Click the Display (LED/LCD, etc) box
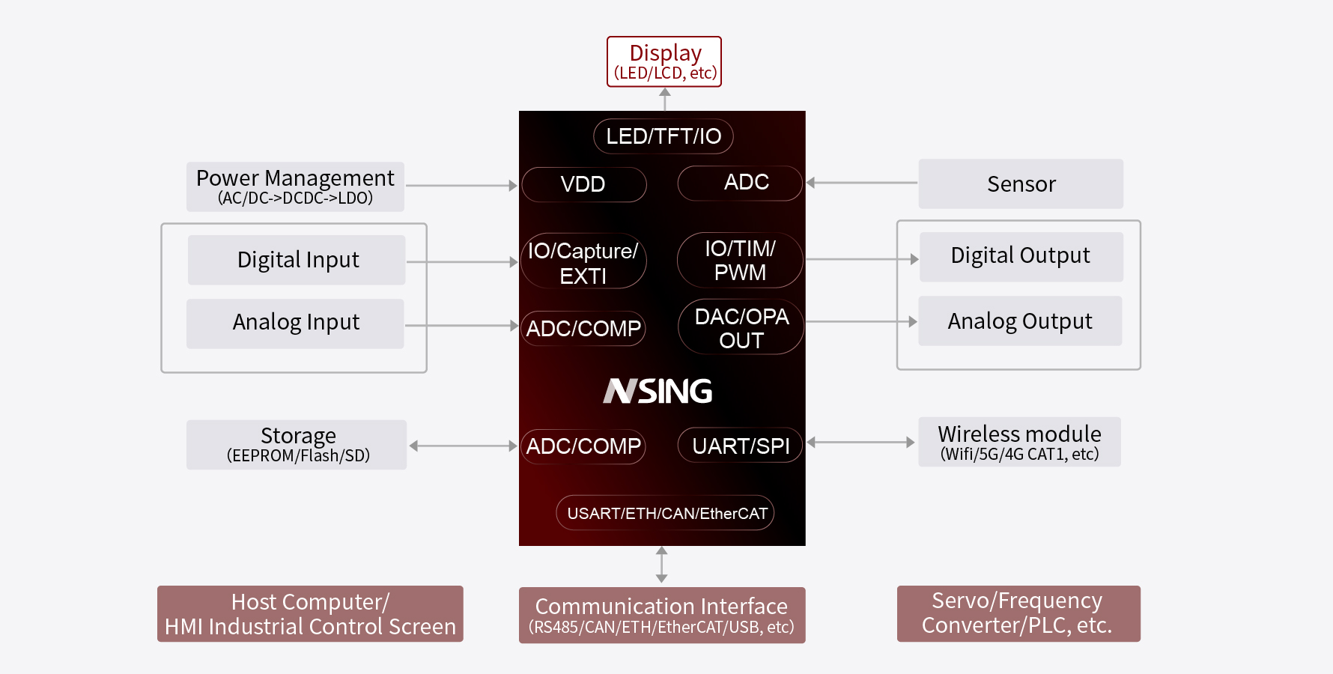tap(664, 61)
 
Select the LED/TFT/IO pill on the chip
tap(664, 136)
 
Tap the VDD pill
tap(583, 184)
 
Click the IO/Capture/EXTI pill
tap(583, 262)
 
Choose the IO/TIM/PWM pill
tap(740, 260)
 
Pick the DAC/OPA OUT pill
tap(741, 328)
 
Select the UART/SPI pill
tap(740, 446)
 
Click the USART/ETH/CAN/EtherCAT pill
tap(665, 513)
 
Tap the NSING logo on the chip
tap(658, 391)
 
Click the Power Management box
tap(295, 186)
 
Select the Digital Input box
tap(297, 260)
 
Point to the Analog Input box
tap(295, 323)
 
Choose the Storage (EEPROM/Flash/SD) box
tap(297, 445)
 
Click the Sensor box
tap(1021, 183)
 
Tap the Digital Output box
tap(1021, 256)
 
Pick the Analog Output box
tap(1020, 321)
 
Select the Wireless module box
tap(1019, 442)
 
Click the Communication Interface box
tap(662, 615)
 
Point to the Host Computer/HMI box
tap(310, 614)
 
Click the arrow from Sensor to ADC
tap(861, 183)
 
